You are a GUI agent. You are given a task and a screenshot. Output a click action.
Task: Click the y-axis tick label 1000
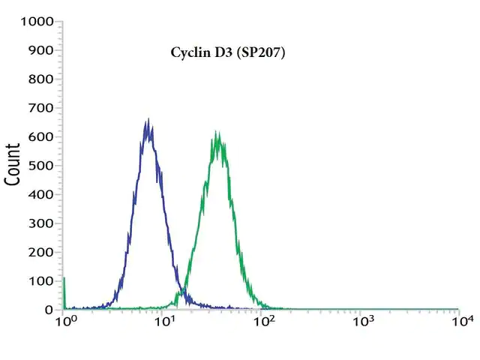tap(37, 22)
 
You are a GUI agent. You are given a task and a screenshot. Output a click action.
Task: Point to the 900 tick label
tap(40, 50)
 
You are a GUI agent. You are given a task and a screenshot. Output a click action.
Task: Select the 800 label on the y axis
tap(40, 79)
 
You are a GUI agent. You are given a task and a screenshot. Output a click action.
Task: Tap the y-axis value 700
tap(40, 108)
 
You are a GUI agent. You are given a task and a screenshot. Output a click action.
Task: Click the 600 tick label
tap(40, 136)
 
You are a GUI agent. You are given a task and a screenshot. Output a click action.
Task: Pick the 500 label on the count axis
tap(40, 166)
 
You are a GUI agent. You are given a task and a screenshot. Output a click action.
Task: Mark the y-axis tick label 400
tap(40, 194)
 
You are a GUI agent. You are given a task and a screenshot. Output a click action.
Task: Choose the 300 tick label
tap(40, 223)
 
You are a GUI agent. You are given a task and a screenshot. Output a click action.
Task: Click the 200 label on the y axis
tap(40, 252)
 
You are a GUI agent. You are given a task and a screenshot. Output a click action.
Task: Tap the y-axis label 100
tap(40, 281)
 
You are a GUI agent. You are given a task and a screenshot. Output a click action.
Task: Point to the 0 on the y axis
tap(49, 310)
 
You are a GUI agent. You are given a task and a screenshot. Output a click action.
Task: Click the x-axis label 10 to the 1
tap(165, 320)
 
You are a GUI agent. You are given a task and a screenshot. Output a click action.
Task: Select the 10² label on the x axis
tap(265, 320)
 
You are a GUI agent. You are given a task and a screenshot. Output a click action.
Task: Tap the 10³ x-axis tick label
tap(364, 320)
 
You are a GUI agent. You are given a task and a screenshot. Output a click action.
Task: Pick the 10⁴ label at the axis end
tap(463, 320)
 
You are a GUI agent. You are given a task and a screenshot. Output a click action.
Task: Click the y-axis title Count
tap(12, 164)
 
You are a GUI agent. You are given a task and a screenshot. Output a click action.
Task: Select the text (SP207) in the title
tap(261, 52)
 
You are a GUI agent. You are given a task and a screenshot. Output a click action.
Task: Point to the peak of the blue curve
tap(148, 118)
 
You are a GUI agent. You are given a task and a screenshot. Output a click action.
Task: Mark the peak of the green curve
tap(217, 132)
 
